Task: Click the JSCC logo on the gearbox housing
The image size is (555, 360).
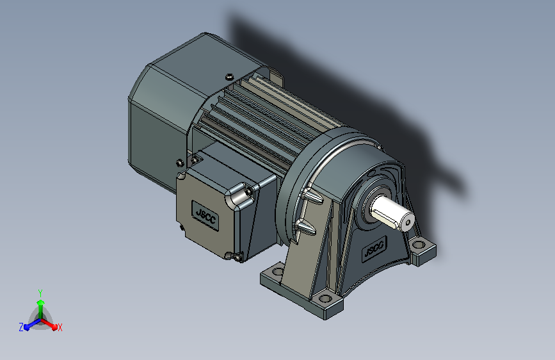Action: [x=374, y=249]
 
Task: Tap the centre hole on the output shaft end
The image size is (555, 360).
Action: [x=409, y=222]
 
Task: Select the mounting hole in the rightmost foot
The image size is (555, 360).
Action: [x=419, y=245]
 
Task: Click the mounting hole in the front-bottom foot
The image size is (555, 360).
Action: [x=325, y=299]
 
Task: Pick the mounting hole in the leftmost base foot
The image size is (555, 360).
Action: [x=278, y=272]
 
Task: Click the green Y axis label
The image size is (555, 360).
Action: [x=40, y=293]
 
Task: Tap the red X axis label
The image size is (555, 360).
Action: [x=60, y=327]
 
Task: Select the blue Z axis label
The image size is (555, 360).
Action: [x=21, y=327]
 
